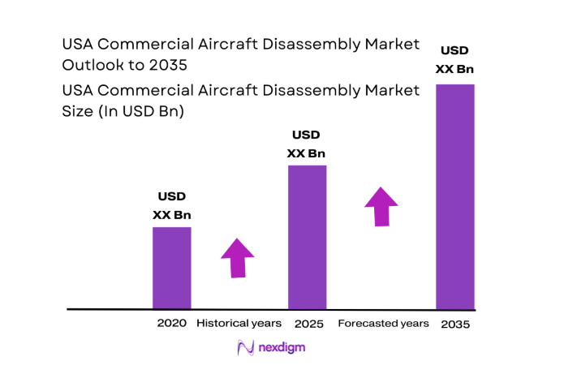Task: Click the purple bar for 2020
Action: coord(172,268)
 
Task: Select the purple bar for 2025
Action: coord(308,237)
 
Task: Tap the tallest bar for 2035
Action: coord(455,196)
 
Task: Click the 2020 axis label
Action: coord(172,323)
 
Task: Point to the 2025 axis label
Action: coord(309,324)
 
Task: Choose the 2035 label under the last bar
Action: coord(454,324)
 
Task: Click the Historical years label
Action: coord(239,323)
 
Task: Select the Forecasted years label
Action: coord(383,323)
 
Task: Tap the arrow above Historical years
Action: coord(237,258)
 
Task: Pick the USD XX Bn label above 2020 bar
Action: coord(172,206)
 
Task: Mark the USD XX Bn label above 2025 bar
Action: coord(306,144)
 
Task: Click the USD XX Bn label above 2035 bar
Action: coord(455,59)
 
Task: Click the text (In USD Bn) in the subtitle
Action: coord(143,112)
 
